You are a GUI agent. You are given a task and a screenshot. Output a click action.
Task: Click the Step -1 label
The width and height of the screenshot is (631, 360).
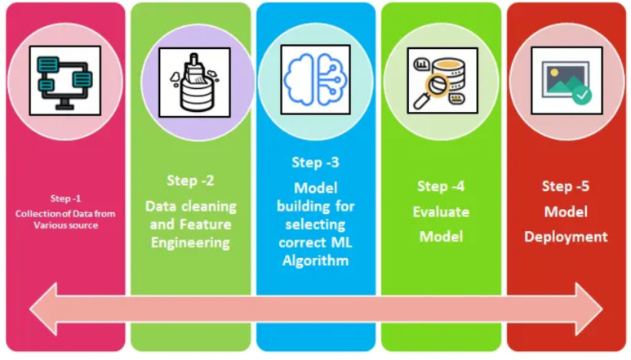click(x=65, y=198)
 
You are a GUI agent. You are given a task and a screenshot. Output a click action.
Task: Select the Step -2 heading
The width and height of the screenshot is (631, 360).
click(x=190, y=180)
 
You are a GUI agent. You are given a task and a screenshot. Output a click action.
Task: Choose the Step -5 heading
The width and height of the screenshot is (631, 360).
click(x=567, y=186)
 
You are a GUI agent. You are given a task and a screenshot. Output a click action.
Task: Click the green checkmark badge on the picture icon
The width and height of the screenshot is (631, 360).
click(x=581, y=96)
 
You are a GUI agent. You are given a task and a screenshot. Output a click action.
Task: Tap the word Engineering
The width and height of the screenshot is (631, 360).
click(x=191, y=242)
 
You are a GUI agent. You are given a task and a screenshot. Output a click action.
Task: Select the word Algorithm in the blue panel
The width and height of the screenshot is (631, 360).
click(x=316, y=260)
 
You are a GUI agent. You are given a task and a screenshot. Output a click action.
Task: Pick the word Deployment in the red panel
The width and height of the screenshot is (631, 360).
click(x=567, y=237)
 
